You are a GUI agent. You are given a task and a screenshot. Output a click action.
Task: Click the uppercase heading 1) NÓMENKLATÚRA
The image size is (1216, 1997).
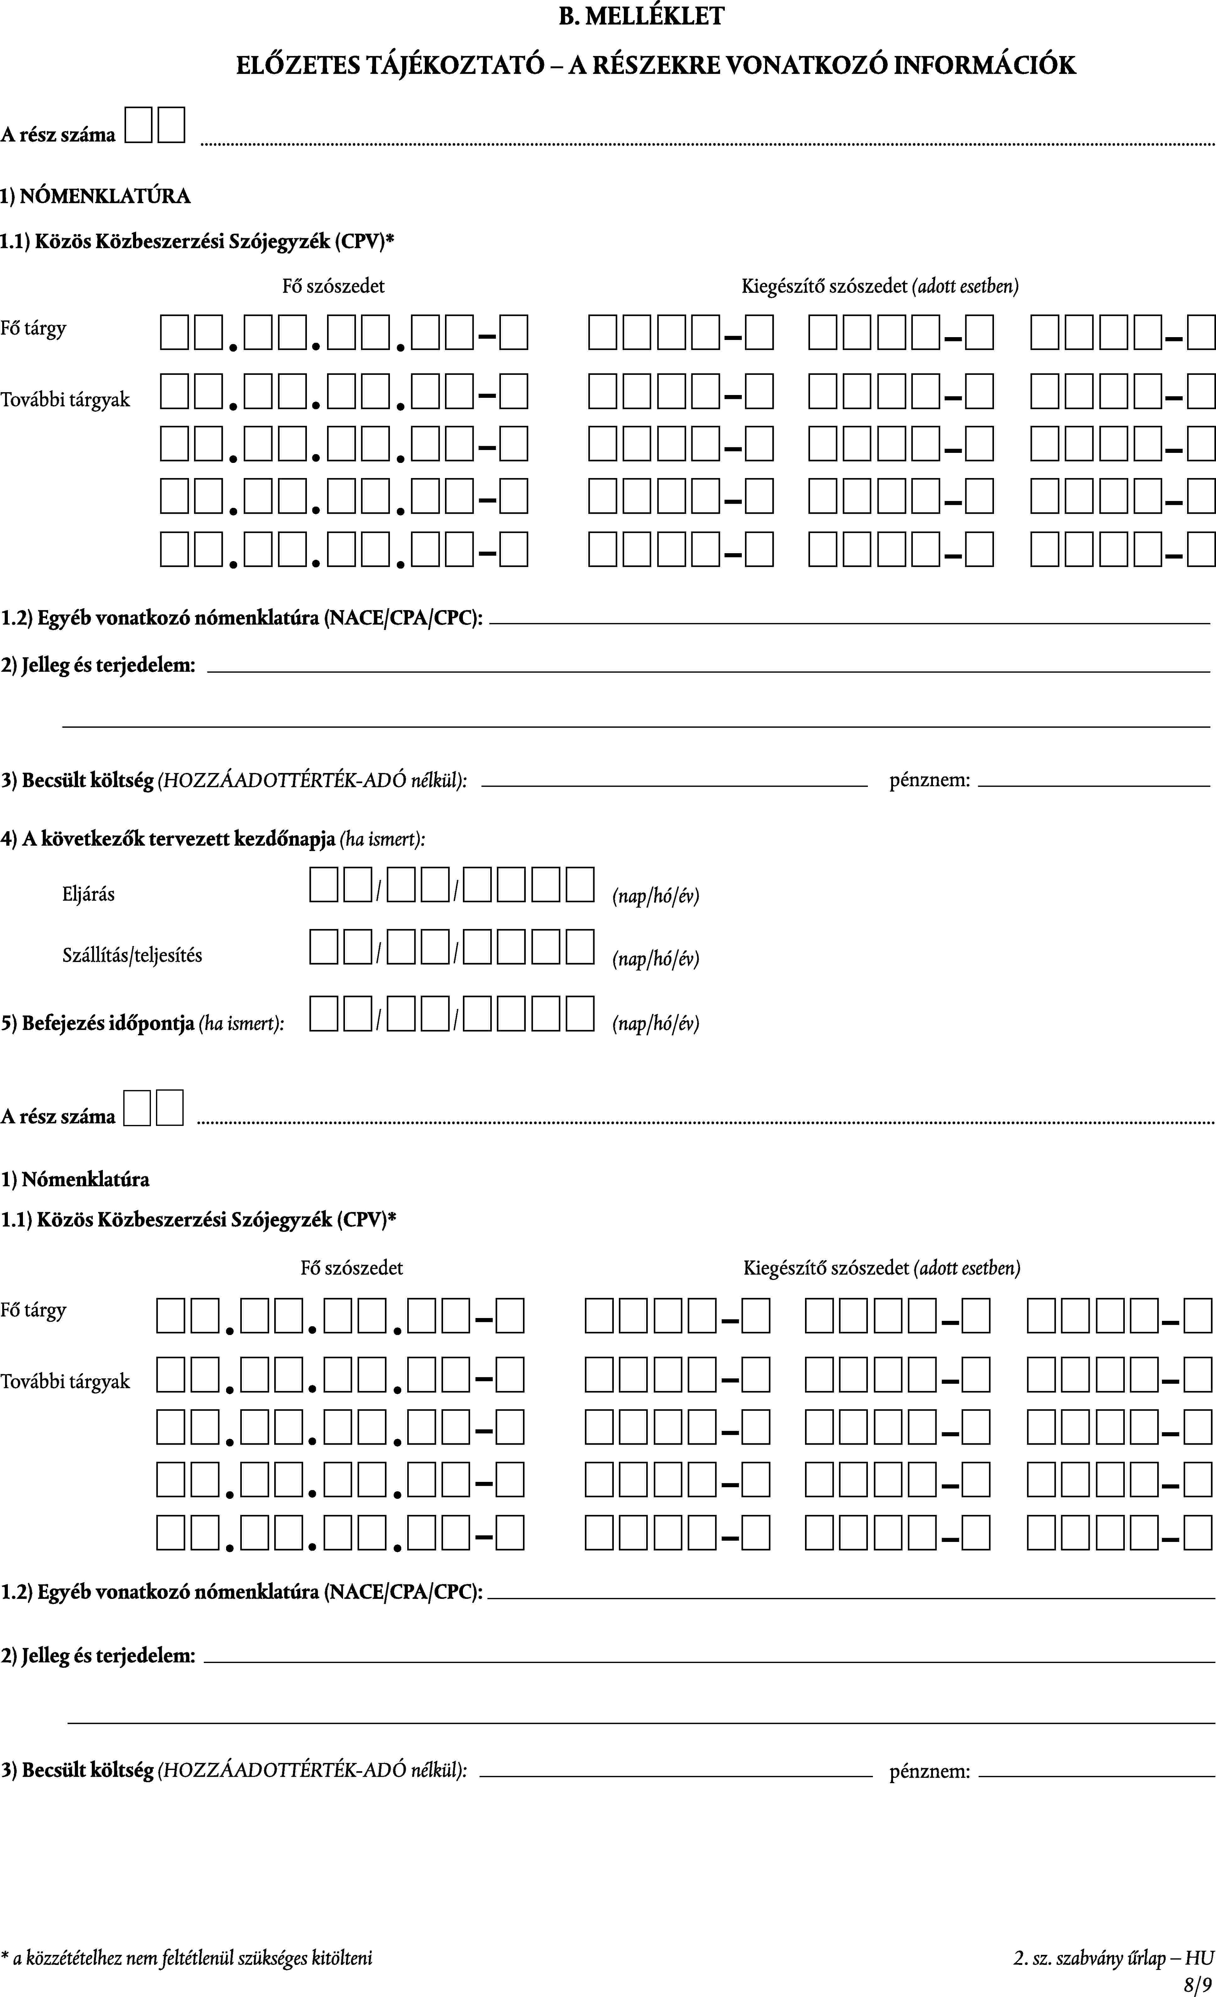[x=96, y=196]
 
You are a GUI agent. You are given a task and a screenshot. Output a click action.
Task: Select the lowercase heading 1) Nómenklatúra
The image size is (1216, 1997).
[x=75, y=1179]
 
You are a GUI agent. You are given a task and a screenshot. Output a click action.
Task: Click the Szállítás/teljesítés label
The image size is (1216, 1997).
[x=132, y=955]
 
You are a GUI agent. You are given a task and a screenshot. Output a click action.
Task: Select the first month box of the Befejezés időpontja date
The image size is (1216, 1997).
[x=400, y=1013]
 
